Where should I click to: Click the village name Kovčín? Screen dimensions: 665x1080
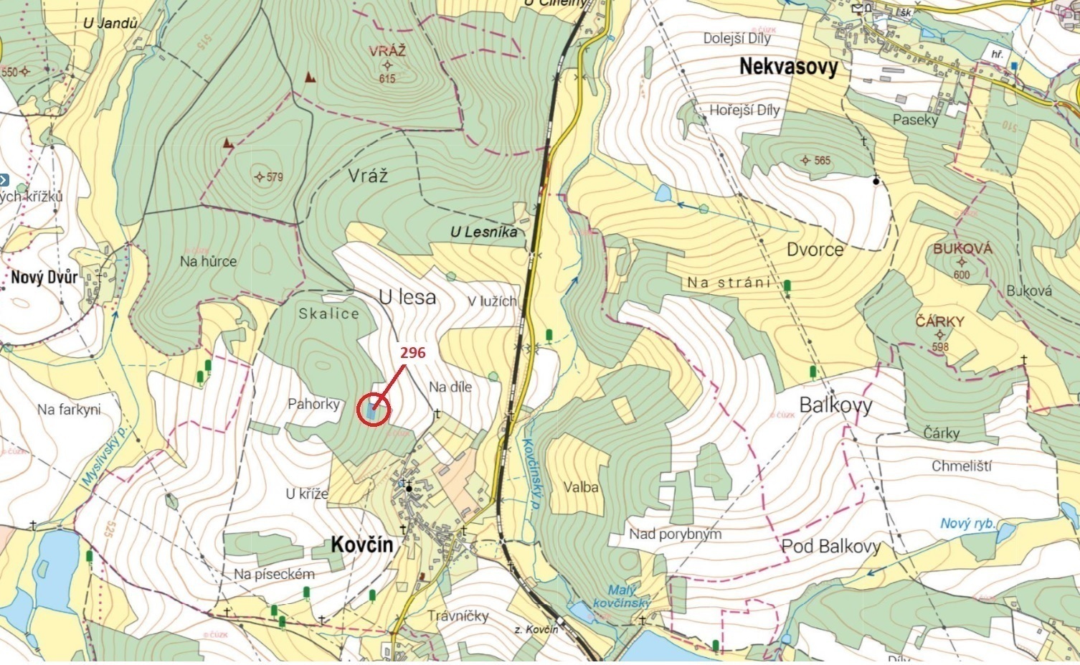pyautogui.click(x=362, y=544)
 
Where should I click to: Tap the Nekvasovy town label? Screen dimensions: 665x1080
pyautogui.click(x=788, y=67)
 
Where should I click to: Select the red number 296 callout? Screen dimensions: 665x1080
pyautogui.click(x=412, y=353)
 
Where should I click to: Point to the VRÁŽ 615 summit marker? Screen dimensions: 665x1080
pyautogui.click(x=387, y=65)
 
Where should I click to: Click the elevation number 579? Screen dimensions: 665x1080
pyautogui.click(x=274, y=176)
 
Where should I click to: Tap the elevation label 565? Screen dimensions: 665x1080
pyautogui.click(x=822, y=160)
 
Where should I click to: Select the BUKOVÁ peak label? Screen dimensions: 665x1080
pyautogui.click(x=962, y=249)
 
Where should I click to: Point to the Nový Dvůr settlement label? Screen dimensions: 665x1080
pyautogui.click(x=44, y=278)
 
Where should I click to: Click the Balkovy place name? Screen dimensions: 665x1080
pyautogui.click(x=835, y=405)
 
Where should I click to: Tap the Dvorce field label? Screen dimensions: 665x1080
pyautogui.click(x=815, y=250)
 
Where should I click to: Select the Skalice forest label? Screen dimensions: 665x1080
pyautogui.click(x=328, y=313)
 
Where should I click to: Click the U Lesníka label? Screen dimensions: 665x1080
pyautogui.click(x=483, y=232)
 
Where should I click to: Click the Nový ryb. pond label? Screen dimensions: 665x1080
pyautogui.click(x=967, y=523)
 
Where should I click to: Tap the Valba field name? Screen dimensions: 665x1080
pyautogui.click(x=581, y=487)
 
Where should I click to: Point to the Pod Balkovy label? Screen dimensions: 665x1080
pyautogui.click(x=830, y=546)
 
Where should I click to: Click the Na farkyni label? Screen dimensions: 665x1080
pyautogui.click(x=69, y=410)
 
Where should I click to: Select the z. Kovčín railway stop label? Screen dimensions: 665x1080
pyautogui.click(x=536, y=629)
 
